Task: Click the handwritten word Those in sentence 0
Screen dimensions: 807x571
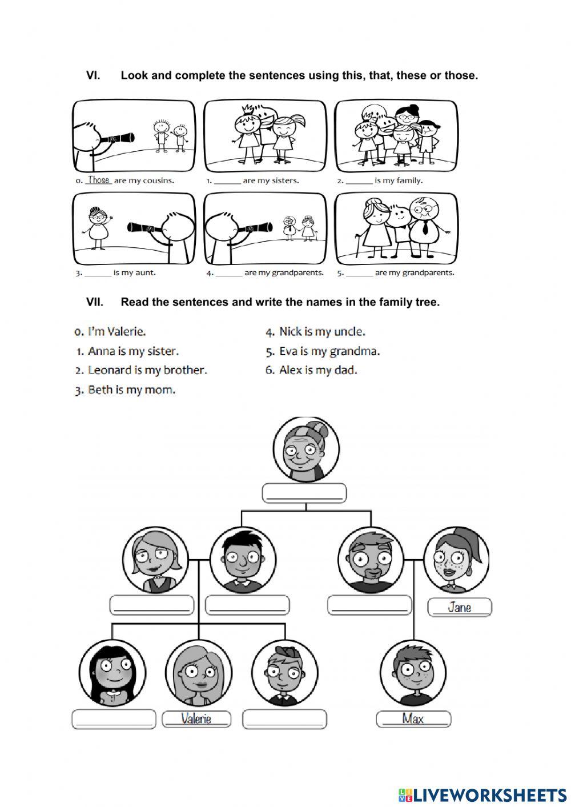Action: [x=98, y=180]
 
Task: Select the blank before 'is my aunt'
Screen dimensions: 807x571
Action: [x=98, y=274]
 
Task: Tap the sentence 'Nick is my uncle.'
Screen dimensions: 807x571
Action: [x=322, y=332]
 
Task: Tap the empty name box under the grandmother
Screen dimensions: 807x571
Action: [x=304, y=493]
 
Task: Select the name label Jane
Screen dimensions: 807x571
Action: [x=460, y=607]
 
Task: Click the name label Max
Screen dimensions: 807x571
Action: [x=413, y=718]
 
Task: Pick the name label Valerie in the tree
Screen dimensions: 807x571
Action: [x=196, y=718]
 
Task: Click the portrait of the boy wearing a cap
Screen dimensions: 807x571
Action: [x=284, y=672]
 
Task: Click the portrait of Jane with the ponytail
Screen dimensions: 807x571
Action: [x=456, y=559]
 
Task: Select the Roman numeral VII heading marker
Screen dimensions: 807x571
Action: [x=94, y=302]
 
